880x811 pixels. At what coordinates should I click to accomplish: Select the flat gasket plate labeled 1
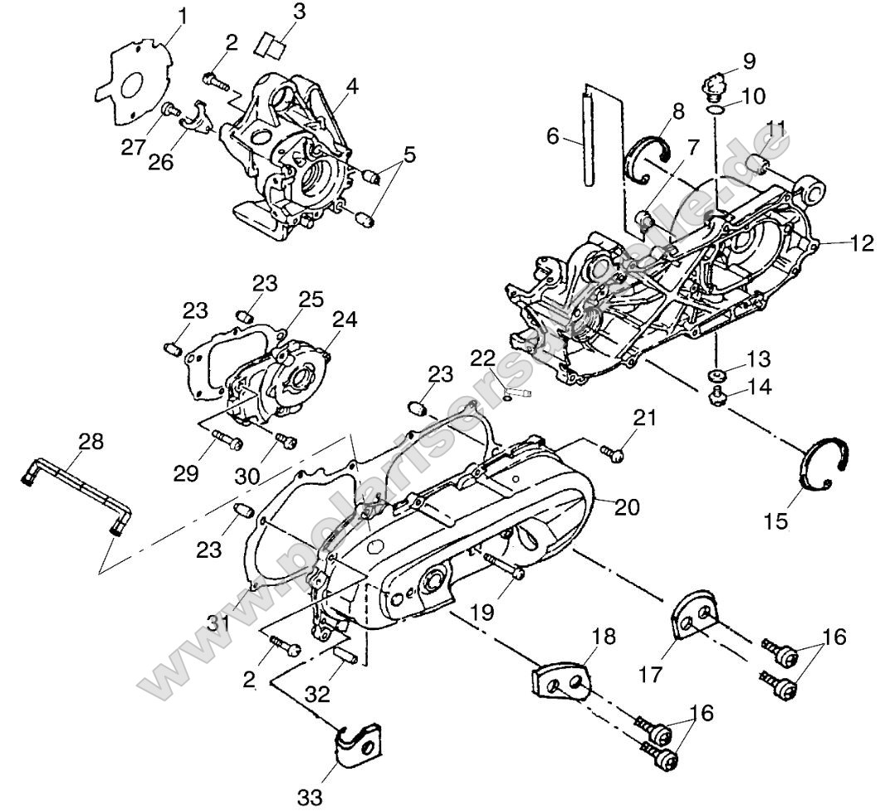[133, 83]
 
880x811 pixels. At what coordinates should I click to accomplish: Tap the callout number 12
[862, 243]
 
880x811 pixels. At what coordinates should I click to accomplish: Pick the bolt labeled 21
[614, 451]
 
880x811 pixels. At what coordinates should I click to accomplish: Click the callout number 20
[627, 507]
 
